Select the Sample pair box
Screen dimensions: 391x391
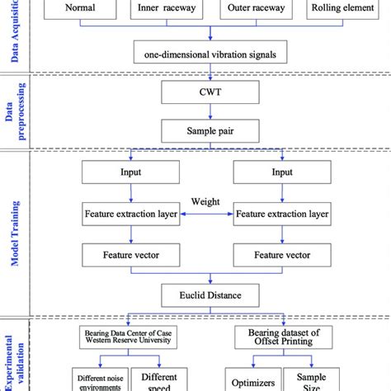tap(213, 130)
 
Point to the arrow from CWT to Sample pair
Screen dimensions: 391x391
tap(213, 112)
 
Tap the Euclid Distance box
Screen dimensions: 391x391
tap(213, 291)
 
